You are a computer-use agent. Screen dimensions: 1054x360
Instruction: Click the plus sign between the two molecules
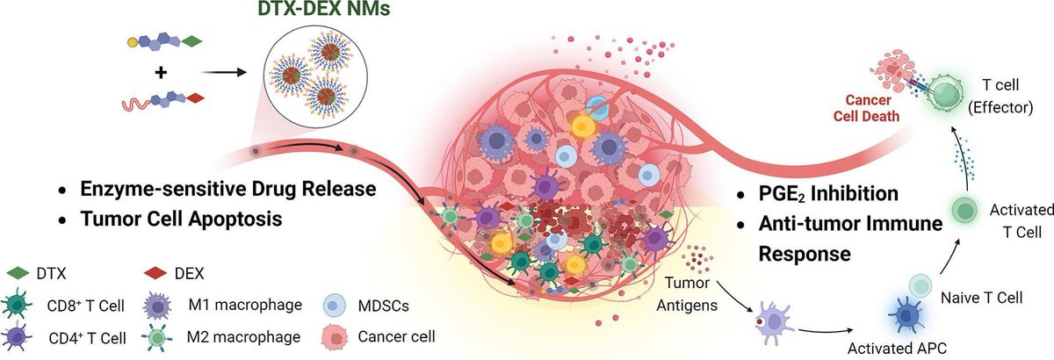click(161, 75)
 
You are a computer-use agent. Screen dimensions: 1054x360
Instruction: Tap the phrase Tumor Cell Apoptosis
click(182, 219)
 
